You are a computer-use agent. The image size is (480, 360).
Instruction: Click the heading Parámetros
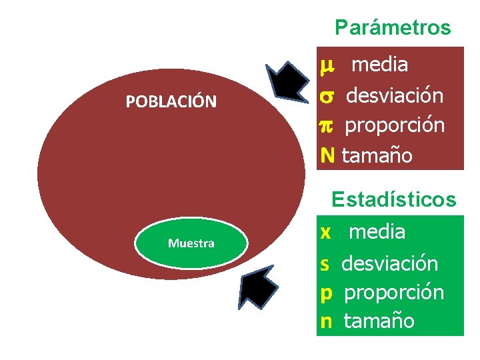(x=393, y=28)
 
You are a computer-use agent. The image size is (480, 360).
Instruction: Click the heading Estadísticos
(x=394, y=199)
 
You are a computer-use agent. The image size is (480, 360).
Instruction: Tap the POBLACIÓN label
(x=171, y=102)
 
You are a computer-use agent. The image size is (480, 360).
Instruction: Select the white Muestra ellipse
(x=191, y=243)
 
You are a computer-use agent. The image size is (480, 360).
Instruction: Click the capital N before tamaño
(x=327, y=156)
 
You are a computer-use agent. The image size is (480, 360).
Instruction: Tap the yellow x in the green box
(x=326, y=232)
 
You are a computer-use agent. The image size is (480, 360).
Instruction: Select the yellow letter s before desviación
(x=325, y=264)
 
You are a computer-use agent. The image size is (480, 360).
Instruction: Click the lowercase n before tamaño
(x=326, y=321)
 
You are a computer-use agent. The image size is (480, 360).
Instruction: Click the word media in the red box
(x=380, y=65)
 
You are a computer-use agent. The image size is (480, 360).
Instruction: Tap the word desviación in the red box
(x=394, y=95)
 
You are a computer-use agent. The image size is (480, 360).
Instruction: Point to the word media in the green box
(x=377, y=232)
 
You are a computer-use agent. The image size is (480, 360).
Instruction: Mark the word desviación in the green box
(x=390, y=263)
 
